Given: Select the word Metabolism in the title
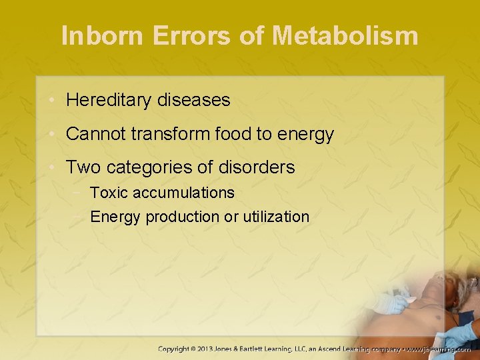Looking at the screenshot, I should click(345, 35).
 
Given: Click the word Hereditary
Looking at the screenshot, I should click(109, 101).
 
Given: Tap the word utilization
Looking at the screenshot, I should click(277, 217).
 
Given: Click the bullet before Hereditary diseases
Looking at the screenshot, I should click(52, 101).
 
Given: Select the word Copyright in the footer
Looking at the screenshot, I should click(179, 349).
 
